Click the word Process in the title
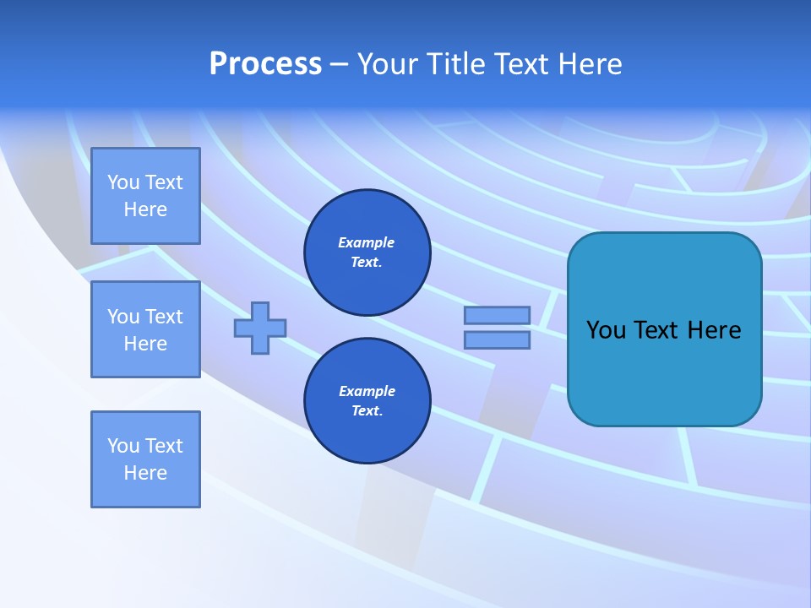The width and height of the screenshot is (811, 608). (x=265, y=64)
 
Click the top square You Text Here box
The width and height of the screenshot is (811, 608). (x=145, y=196)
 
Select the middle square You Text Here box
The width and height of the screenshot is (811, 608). (x=145, y=329)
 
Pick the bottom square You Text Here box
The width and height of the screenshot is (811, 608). (x=145, y=459)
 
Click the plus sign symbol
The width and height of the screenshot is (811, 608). (x=260, y=328)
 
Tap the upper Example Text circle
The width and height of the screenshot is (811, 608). (x=367, y=252)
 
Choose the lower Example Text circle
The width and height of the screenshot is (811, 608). (x=367, y=401)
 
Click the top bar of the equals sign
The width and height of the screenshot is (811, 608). (x=497, y=315)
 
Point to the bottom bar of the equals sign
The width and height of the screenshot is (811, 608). (x=497, y=339)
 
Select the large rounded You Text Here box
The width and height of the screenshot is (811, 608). (x=664, y=329)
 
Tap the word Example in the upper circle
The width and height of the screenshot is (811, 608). (x=367, y=242)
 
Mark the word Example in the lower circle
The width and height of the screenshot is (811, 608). (x=367, y=391)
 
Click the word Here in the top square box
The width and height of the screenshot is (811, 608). (x=145, y=209)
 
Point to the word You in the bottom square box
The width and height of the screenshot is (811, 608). (x=123, y=446)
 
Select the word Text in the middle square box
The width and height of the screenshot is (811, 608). (x=164, y=317)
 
